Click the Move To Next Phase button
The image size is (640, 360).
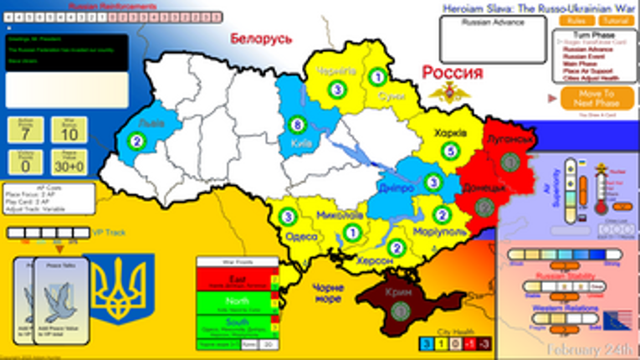(594, 99)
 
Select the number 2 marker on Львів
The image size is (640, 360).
(134, 141)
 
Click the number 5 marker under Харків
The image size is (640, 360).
(451, 152)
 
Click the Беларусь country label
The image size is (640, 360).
(261, 39)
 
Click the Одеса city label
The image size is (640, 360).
(300, 237)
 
